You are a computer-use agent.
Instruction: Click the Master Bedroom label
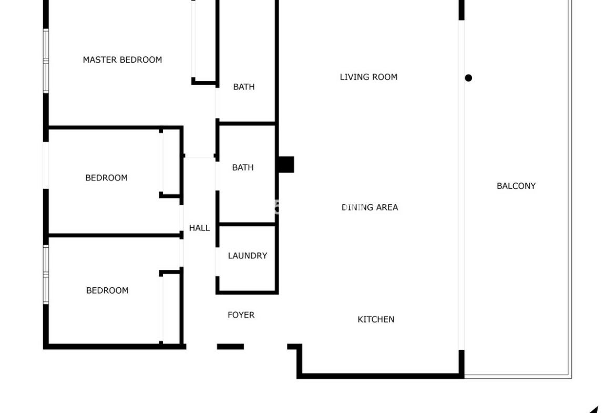click(122, 59)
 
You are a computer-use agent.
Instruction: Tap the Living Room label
click(368, 77)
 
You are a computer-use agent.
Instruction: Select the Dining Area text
click(370, 207)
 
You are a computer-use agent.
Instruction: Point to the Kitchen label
click(376, 319)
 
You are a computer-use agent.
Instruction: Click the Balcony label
click(516, 186)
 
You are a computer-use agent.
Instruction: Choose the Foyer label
click(241, 315)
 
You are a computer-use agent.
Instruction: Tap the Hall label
click(199, 228)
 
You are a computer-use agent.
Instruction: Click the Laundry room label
click(248, 256)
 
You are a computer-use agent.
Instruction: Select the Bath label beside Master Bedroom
click(244, 87)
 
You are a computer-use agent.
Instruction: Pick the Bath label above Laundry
click(243, 168)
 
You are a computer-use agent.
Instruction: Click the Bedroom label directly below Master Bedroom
click(106, 178)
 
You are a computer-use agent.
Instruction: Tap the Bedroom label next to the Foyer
click(107, 290)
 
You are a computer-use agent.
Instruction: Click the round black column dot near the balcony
click(468, 78)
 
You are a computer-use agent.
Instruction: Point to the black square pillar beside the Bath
click(286, 165)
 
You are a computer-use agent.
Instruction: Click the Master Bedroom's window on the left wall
click(46, 61)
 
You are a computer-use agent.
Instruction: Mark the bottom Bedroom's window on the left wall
click(46, 275)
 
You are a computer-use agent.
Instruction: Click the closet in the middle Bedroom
click(171, 163)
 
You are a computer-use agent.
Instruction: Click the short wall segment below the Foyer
click(230, 347)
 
